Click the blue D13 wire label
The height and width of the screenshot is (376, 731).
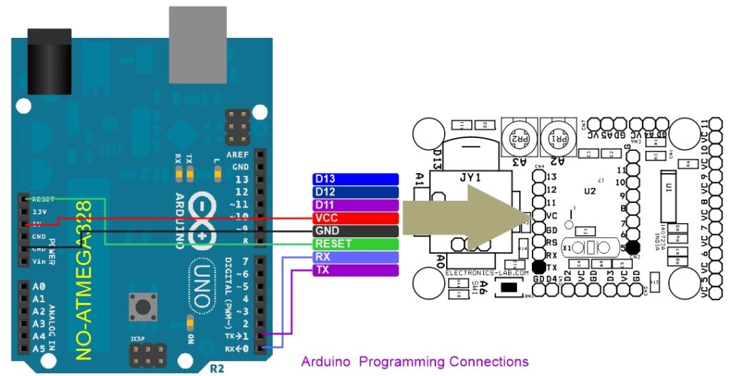(x=355, y=179)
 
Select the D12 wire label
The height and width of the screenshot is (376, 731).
(x=355, y=192)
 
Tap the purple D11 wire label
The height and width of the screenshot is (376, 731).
(x=355, y=204)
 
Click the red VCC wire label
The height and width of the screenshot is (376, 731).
(x=355, y=217)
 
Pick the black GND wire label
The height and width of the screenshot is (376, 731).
(x=355, y=231)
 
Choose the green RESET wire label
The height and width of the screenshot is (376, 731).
(x=355, y=244)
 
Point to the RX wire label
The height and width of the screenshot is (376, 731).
(x=355, y=257)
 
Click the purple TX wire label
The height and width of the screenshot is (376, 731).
(x=355, y=269)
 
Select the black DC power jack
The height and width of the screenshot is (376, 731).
(x=48, y=60)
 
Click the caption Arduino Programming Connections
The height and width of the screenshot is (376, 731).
(x=415, y=362)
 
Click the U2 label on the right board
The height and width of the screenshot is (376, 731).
(x=590, y=191)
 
